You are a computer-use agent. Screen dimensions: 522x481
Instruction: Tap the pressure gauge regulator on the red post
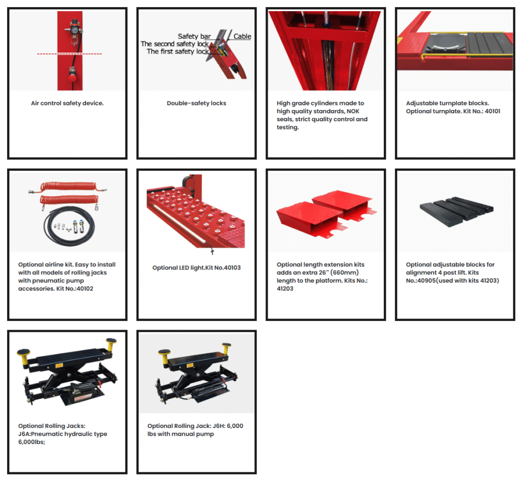coord(75,29)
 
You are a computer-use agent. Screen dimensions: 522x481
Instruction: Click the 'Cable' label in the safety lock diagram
coord(242,36)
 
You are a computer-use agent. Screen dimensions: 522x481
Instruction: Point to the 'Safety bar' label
coord(194,36)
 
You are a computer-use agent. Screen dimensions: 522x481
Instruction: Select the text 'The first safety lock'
coord(178,51)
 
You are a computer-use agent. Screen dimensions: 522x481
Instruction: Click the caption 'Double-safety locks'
coord(196,103)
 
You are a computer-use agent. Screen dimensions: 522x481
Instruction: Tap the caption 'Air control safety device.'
coord(67,103)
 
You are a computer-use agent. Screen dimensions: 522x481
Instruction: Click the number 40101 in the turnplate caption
coord(492,111)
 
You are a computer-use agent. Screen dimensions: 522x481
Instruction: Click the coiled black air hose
coord(69,226)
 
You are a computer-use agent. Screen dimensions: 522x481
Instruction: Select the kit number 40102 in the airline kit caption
coord(85,289)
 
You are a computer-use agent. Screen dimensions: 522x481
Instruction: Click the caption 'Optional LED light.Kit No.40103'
coord(196,268)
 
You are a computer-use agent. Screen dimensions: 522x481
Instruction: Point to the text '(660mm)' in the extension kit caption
coord(344,273)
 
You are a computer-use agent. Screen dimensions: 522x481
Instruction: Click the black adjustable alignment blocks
coord(456,211)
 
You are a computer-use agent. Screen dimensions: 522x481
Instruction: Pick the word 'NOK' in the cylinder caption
coord(353,111)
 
